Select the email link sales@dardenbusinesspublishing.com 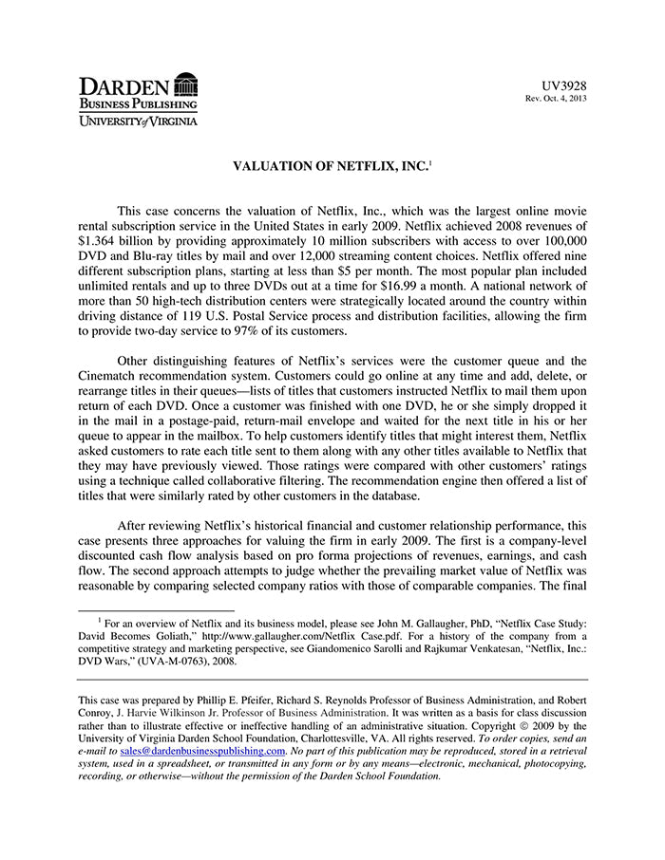pos(203,750)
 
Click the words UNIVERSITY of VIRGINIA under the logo pos(138,121)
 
